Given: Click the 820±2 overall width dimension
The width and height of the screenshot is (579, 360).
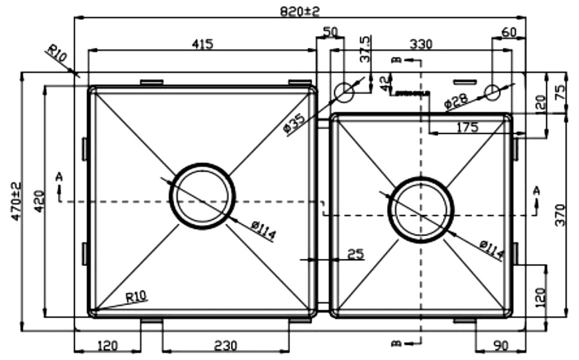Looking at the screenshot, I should (x=300, y=11).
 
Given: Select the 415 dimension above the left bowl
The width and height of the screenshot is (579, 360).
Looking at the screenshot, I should (x=202, y=44).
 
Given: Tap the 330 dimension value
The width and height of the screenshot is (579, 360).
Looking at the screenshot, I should (x=421, y=44).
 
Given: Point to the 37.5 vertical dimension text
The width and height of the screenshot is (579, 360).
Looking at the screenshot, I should (x=365, y=49).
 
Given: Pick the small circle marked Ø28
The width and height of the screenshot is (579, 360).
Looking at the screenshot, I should (x=492, y=92).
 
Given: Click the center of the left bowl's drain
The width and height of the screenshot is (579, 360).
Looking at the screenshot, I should (x=202, y=196).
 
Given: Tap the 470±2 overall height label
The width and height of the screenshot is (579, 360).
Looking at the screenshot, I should (x=15, y=202).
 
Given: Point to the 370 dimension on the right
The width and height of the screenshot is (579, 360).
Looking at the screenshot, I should (x=560, y=215).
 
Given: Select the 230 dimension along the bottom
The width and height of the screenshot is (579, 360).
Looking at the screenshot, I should (x=225, y=346).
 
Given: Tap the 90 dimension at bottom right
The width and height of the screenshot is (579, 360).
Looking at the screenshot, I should (x=501, y=346).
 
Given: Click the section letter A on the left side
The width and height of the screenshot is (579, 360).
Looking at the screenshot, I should (x=59, y=176).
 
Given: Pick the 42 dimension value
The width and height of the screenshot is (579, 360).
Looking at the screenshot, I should (x=384, y=84).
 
